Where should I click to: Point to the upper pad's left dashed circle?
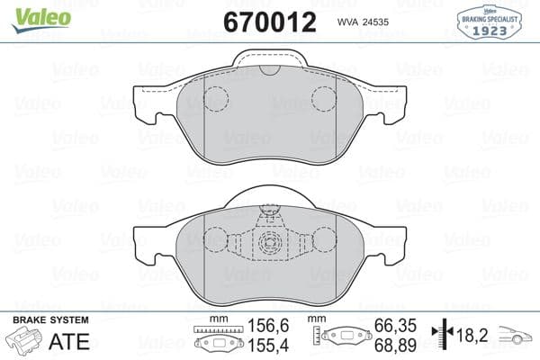217,99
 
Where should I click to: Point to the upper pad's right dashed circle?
324,99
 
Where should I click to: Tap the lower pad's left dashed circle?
217,241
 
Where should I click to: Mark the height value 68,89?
393,346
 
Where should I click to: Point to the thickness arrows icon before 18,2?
440,334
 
